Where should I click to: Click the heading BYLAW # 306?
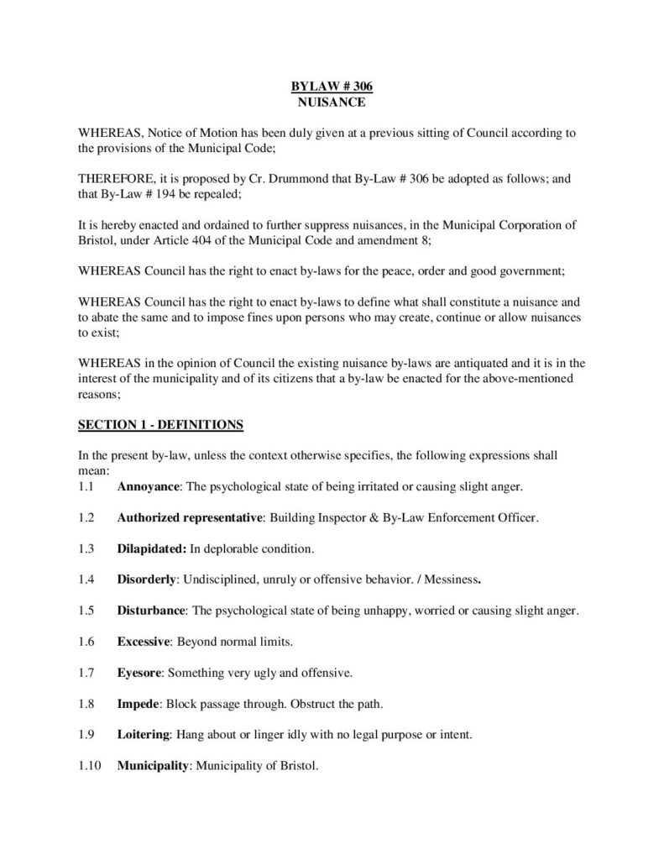pos(332,87)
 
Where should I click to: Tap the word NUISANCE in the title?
pos(332,102)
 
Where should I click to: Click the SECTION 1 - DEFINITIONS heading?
pos(160,425)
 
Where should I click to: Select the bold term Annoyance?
pos(148,486)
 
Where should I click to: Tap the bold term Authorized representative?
pos(191,517)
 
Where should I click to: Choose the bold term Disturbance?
pos(150,611)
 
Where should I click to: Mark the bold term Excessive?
pos(144,642)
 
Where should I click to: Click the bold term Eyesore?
pos(140,673)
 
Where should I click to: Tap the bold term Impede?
pos(137,704)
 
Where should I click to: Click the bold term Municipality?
pos(153,766)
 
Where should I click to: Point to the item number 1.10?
pos(89,766)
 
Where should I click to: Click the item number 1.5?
pos(86,611)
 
